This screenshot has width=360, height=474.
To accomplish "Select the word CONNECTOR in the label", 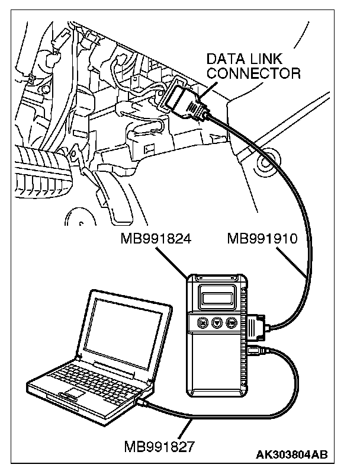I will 253,74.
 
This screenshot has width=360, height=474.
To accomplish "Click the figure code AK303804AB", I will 291,455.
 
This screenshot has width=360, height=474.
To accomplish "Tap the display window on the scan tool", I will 216,294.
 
